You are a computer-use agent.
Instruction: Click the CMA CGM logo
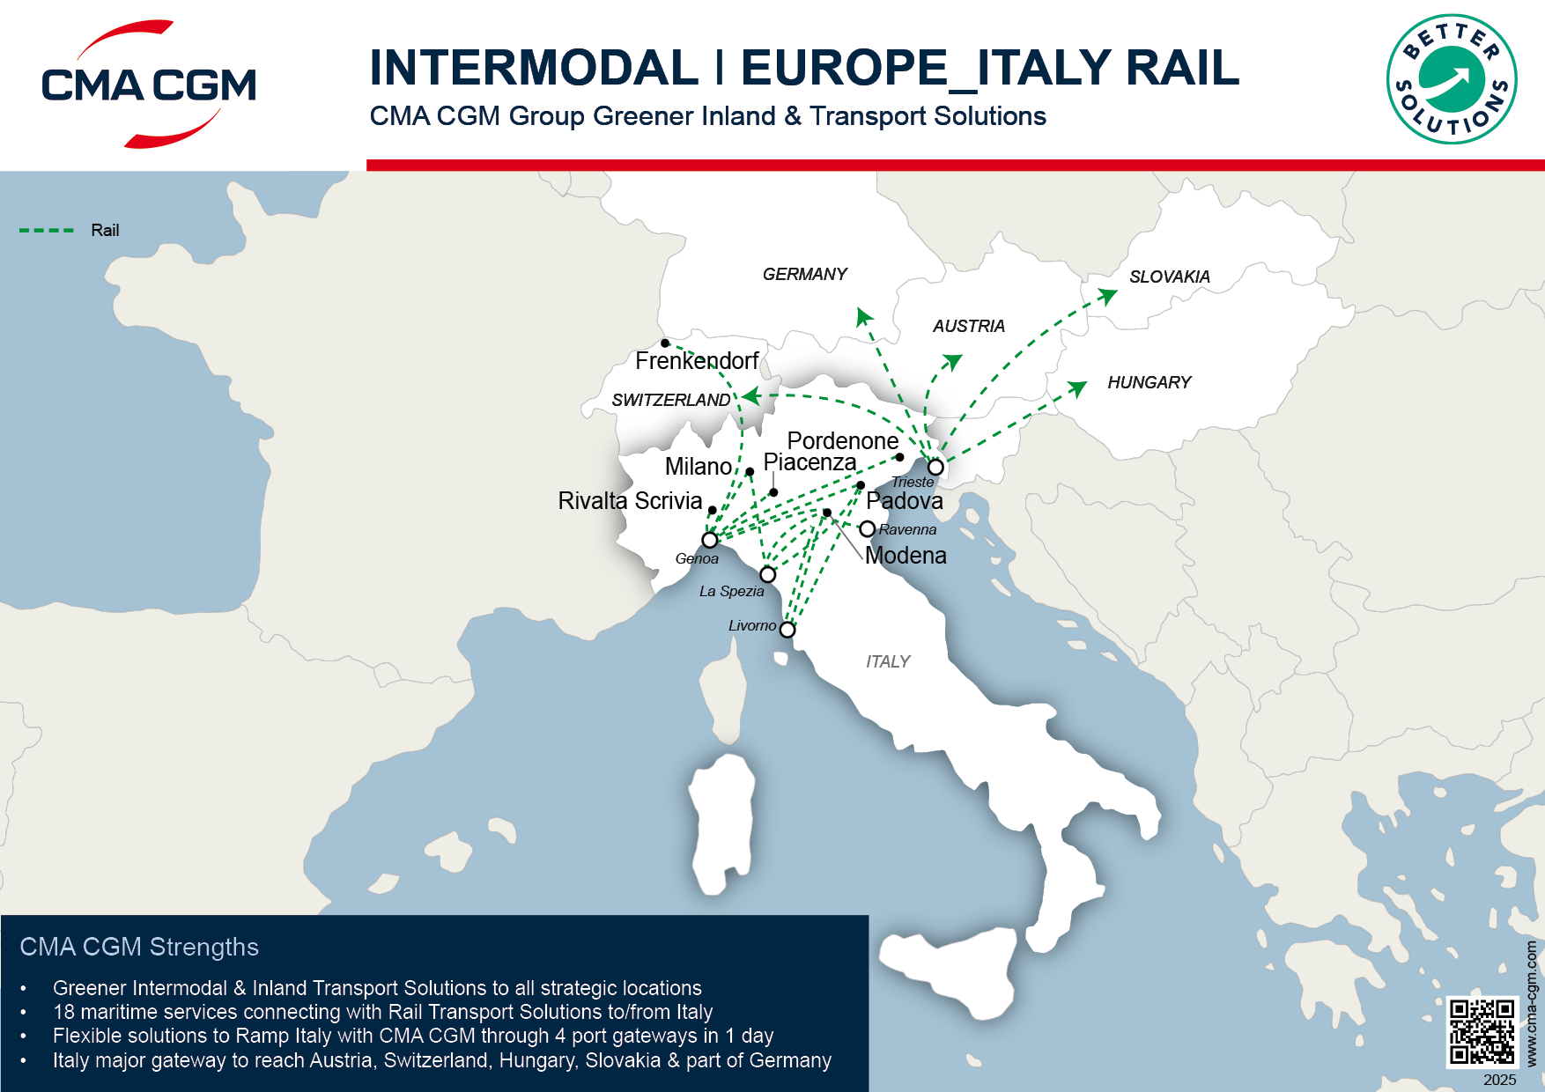[x=149, y=85]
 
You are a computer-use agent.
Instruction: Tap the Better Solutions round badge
[x=1451, y=79]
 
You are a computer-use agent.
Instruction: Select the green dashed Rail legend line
[x=47, y=231]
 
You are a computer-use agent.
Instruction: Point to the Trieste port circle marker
[x=935, y=467]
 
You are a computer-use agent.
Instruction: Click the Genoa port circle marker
[x=710, y=540]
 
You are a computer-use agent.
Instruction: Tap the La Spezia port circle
[x=768, y=574]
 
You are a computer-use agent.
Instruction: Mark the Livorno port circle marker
[x=787, y=630]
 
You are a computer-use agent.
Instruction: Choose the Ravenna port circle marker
[x=868, y=528]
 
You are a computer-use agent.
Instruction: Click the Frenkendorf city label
[x=697, y=361]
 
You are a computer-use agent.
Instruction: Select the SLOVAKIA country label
[x=1170, y=277]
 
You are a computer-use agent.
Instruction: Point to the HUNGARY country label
[x=1149, y=382]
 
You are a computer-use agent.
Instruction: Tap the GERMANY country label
[x=804, y=274]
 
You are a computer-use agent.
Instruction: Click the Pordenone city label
[x=842, y=440]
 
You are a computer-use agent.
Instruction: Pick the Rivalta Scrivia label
[x=630, y=501]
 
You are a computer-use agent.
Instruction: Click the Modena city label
[x=906, y=556]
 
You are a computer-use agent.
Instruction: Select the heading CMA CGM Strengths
[x=139, y=947]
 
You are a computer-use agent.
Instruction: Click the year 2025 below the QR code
[x=1499, y=1080]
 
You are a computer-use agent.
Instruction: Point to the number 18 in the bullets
[x=64, y=1012]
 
